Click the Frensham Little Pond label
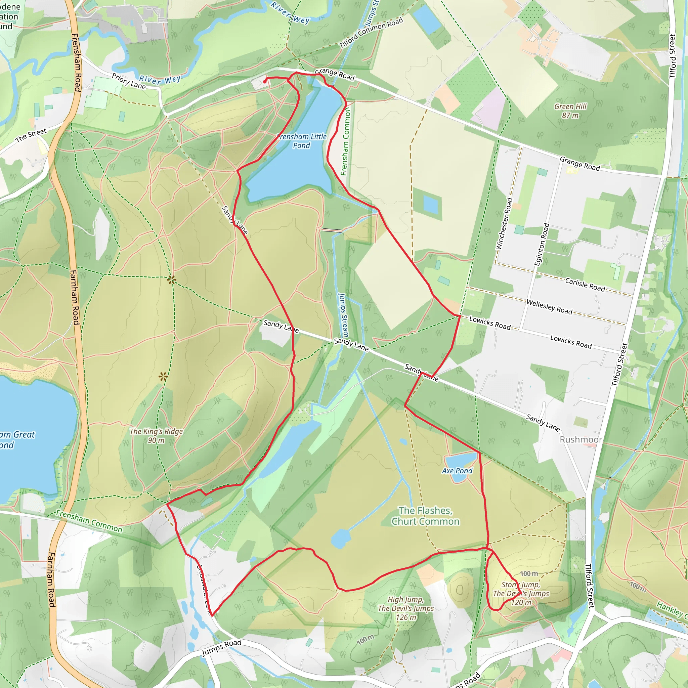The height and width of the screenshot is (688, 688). pyautogui.click(x=302, y=141)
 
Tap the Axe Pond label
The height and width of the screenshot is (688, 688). pyautogui.click(x=457, y=471)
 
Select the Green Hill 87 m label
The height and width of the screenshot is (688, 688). pyautogui.click(x=570, y=111)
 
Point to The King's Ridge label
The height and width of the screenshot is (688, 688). pyautogui.click(x=156, y=435)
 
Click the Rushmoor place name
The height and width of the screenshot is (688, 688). pyautogui.click(x=581, y=439)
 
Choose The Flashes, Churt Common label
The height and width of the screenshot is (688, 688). pyautogui.click(x=426, y=516)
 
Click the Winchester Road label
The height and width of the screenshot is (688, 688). pyautogui.click(x=504, y=224)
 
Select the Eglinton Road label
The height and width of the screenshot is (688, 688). pyautogui.click(x=542, y=244)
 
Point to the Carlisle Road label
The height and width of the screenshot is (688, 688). pyautogui.click(x=585, y=285)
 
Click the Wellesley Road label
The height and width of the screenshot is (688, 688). pyautogui.click(x=549, y=307)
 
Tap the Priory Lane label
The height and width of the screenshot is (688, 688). pyautogui.click(x=129, y=81)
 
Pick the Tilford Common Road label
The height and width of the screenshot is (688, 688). pyautogui.click(x=371, y=32)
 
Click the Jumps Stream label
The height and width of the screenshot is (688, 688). pyautogui.click(x=343, y=315)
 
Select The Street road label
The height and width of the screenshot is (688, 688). pyautogui.click(x=31, y=135)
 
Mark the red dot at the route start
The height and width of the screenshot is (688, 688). pyautogui.click(x=265, y=82)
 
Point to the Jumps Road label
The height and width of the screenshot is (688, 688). pyautogui.click(x=221, y=648)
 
